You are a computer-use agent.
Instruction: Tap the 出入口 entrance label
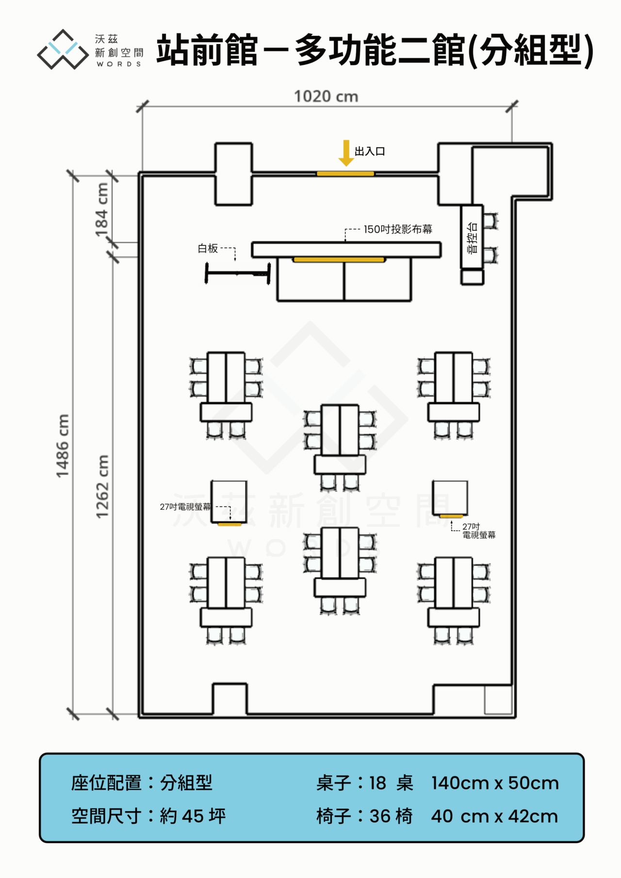click(x=370, y=151)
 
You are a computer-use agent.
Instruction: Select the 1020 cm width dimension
click(x=326, y=97)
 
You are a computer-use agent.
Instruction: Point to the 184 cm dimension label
click(x=102, y=210)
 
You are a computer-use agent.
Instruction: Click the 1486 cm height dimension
click(x=63, y=446)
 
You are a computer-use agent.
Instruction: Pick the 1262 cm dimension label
click(x=102, y=487)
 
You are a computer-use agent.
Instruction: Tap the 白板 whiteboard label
click(x=208, y=248)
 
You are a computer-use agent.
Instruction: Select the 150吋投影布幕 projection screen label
click(x=398, y=229)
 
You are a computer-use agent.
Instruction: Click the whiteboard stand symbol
click(x=237, y=274)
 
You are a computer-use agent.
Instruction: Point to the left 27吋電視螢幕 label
click(x=185, y=507)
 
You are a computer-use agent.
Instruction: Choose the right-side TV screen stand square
click(x=450, y=498)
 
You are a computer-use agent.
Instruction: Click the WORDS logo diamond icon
click(x=63, y=49)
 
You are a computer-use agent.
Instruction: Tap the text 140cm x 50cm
click(x=495, y=783)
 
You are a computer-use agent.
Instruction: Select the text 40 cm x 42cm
click(x=494, y=816)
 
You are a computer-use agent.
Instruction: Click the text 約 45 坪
click(x=193, y=816)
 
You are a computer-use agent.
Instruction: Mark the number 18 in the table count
click(x=377, y=783)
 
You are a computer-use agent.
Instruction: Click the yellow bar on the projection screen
click(x=339, y=260)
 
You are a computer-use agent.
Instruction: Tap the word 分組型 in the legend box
click(x=186, y=783)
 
